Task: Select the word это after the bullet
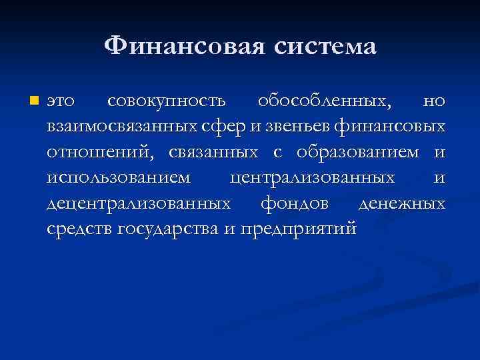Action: point(62,101)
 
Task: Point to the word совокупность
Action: point(166,101)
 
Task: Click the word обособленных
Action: point(323,101)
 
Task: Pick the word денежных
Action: point(402,203)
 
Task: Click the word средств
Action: point(80,229)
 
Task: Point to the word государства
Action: point(167,229)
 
